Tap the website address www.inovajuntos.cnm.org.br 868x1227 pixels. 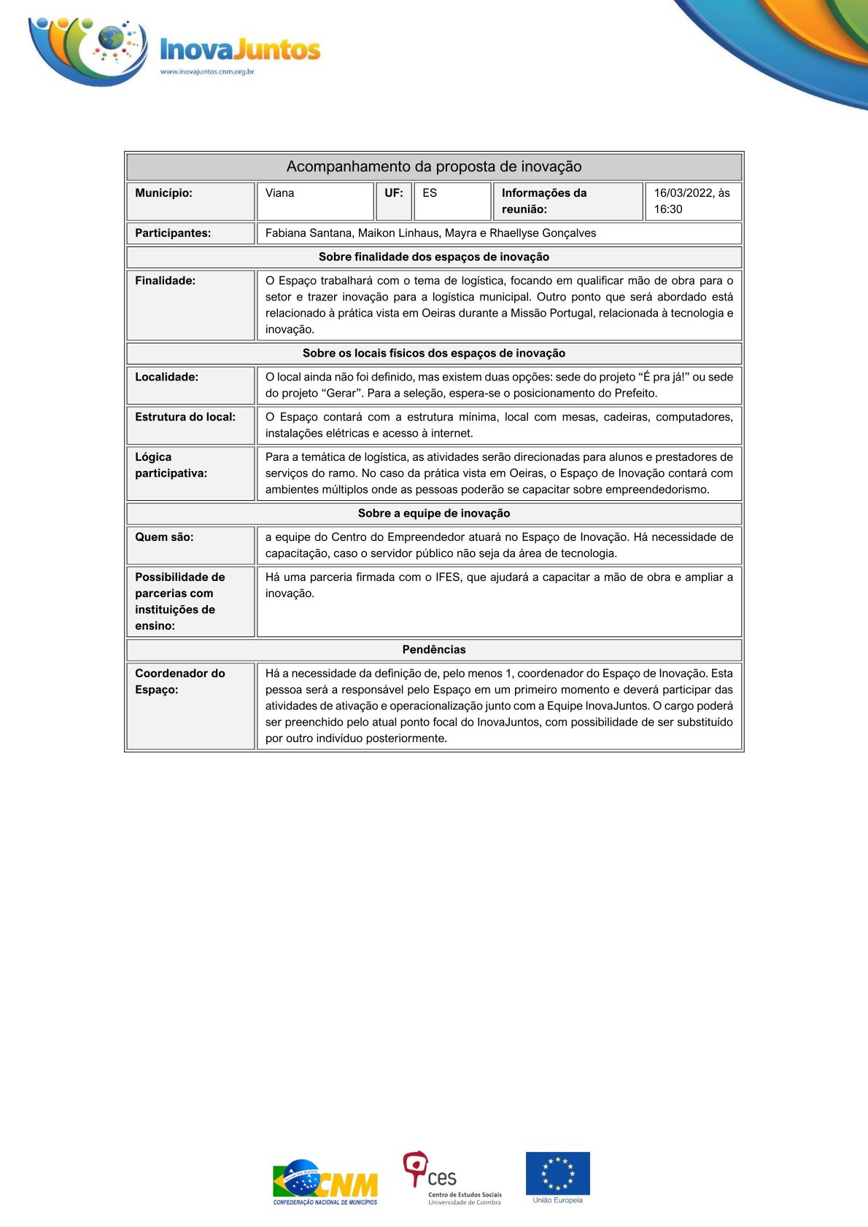207,71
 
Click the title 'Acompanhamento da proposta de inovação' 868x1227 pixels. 434,167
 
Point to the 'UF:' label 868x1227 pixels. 394,193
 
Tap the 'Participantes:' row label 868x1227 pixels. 173,233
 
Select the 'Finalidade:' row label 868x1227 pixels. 165,281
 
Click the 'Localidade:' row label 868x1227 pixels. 166,377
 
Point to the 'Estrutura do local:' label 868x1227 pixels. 185,417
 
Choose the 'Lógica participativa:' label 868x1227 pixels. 171,465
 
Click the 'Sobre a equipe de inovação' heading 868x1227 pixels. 434,513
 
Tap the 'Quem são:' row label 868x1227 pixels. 164,537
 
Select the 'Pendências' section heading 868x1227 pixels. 434,650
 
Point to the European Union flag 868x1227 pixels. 558,1174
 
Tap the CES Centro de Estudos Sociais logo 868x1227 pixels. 452,1178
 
